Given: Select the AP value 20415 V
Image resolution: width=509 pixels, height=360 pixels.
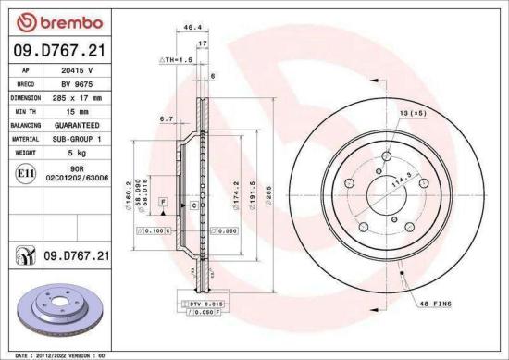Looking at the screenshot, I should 78,70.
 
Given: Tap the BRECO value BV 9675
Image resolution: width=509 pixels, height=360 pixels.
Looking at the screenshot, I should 78,83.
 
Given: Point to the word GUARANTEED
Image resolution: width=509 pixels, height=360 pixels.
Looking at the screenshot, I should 80,123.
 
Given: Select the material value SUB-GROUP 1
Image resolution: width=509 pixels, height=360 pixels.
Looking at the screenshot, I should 80,136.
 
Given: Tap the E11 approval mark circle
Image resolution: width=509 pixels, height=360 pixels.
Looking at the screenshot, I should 25,172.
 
